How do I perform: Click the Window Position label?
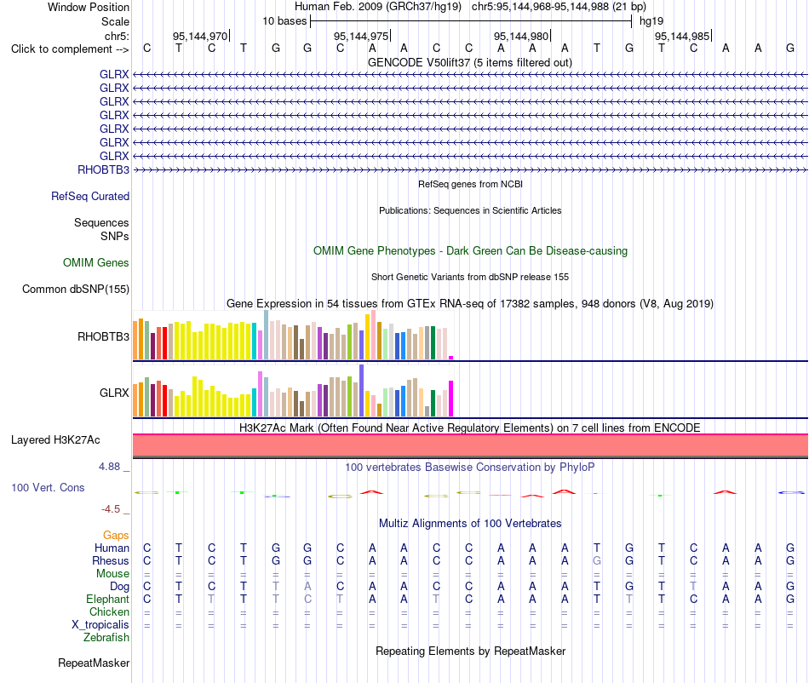89,7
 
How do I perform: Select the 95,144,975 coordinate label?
361,36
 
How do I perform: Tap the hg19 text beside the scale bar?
651,21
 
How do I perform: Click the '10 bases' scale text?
284,21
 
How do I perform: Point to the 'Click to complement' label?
70,49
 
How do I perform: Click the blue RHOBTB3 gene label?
103,169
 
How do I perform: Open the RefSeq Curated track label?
90,196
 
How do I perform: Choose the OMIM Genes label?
96,262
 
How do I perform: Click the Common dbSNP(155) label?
75,289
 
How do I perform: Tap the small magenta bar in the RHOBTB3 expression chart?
451,358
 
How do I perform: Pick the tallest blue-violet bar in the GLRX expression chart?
362,391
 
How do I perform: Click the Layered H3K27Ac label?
55,440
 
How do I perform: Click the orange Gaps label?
116,536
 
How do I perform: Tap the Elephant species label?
107,599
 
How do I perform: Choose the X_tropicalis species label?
100,625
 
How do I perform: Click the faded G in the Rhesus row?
597,560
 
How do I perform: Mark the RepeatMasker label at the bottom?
94,663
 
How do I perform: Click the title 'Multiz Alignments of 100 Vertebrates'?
470,523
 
